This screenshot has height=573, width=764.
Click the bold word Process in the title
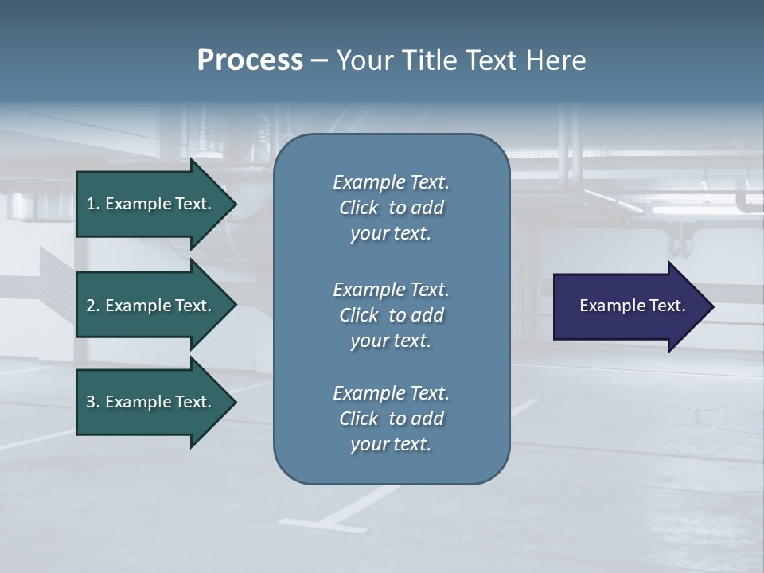pyautogui.click(x=250, y=60)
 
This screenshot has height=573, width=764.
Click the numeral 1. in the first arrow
pyautogui.click(x=92, y=204)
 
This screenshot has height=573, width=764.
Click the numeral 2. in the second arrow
pyautogui.click(x=92, y=306)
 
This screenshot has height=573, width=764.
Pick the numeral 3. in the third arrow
pyautogui.click(x=92, y=402)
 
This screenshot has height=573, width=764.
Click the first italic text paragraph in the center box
pyautogui.click(x=391, y=208)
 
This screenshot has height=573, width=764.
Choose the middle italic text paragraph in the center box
pyautogui.click(x=391, y=314)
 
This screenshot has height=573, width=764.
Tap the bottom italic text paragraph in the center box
pyautogui.click(x=391, y=419)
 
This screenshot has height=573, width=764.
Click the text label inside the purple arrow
pyautogui.click(x=632, y=306)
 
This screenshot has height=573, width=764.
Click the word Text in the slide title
pyautogui.click(x=490, y=60)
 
